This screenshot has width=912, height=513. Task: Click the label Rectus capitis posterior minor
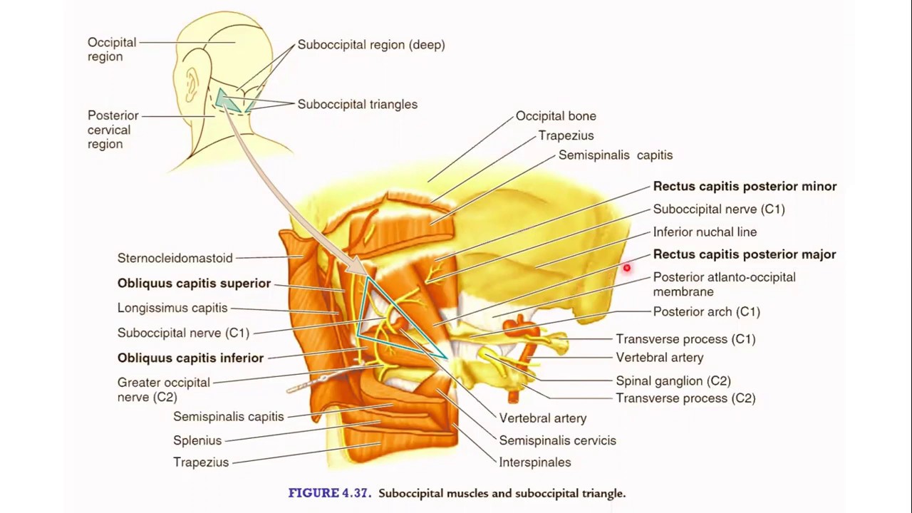point(745,186)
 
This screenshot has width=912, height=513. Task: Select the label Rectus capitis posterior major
point(745,254)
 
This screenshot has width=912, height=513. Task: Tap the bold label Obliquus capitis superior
point(194,284)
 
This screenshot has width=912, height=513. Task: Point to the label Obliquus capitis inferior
point(190,358)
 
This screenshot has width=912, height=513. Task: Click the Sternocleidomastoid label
point(175,258)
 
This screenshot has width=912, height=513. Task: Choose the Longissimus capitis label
point(172,308)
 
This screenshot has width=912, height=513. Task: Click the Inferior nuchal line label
point(705,232)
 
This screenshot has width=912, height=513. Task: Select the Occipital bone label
point(556,116)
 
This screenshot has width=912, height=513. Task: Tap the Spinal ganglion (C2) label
point(673,381)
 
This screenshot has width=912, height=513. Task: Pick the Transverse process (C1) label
point(685,339)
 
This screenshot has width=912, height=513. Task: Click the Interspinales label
point(534,462)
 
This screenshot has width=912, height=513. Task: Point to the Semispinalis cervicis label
point(557,440)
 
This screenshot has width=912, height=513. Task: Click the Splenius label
point(197,440)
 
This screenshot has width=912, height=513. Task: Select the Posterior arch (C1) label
point(706,311)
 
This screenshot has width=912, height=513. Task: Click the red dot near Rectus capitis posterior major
point(626,269)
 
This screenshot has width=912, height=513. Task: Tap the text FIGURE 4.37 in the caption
point(329,493)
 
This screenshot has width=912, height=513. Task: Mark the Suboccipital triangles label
point(357,104)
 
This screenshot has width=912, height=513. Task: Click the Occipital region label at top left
point(111,50)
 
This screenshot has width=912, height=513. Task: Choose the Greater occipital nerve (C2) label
point(163,390)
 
